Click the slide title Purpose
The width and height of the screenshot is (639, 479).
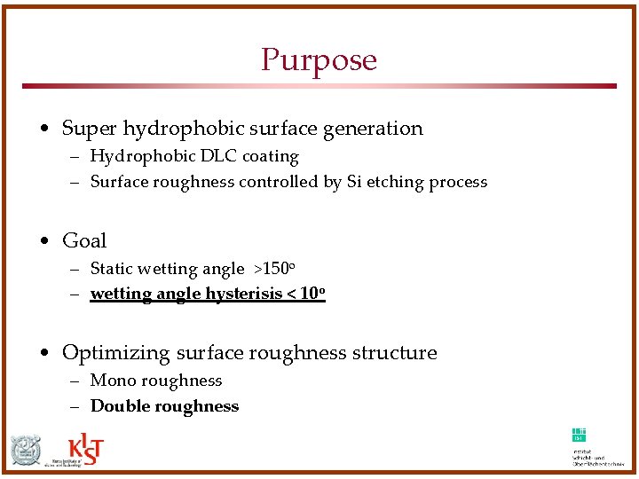click(x=319, y=60)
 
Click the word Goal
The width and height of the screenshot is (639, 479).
click(x=84, y=240)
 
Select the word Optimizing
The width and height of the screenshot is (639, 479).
click(x=115, y=353)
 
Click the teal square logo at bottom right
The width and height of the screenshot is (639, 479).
click(x=579, y=435)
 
